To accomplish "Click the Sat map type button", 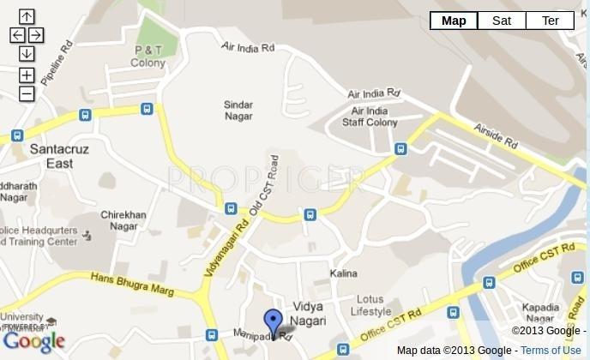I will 502,21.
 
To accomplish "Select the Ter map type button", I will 550,21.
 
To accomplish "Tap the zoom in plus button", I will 27,75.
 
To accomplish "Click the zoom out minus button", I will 27,93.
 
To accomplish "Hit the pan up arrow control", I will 27,16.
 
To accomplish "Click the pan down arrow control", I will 27,53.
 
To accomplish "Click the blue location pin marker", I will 273,323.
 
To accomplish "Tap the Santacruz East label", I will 59,155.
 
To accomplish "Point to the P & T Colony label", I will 148,57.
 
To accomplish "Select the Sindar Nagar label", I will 238,111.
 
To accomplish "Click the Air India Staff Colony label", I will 370,117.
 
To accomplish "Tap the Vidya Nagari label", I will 308,313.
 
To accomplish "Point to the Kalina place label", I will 343,273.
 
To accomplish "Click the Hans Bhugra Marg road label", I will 132,284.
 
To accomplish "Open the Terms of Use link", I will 550,350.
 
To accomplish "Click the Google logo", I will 34,342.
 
